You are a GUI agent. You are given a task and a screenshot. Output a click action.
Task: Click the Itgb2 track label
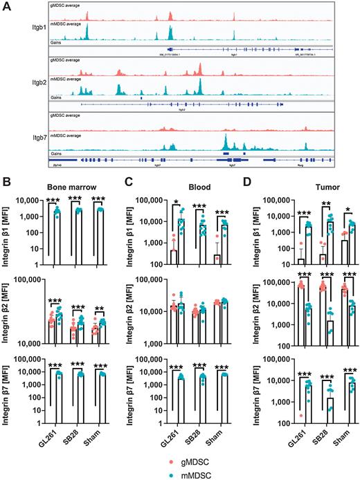(32, 86)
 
